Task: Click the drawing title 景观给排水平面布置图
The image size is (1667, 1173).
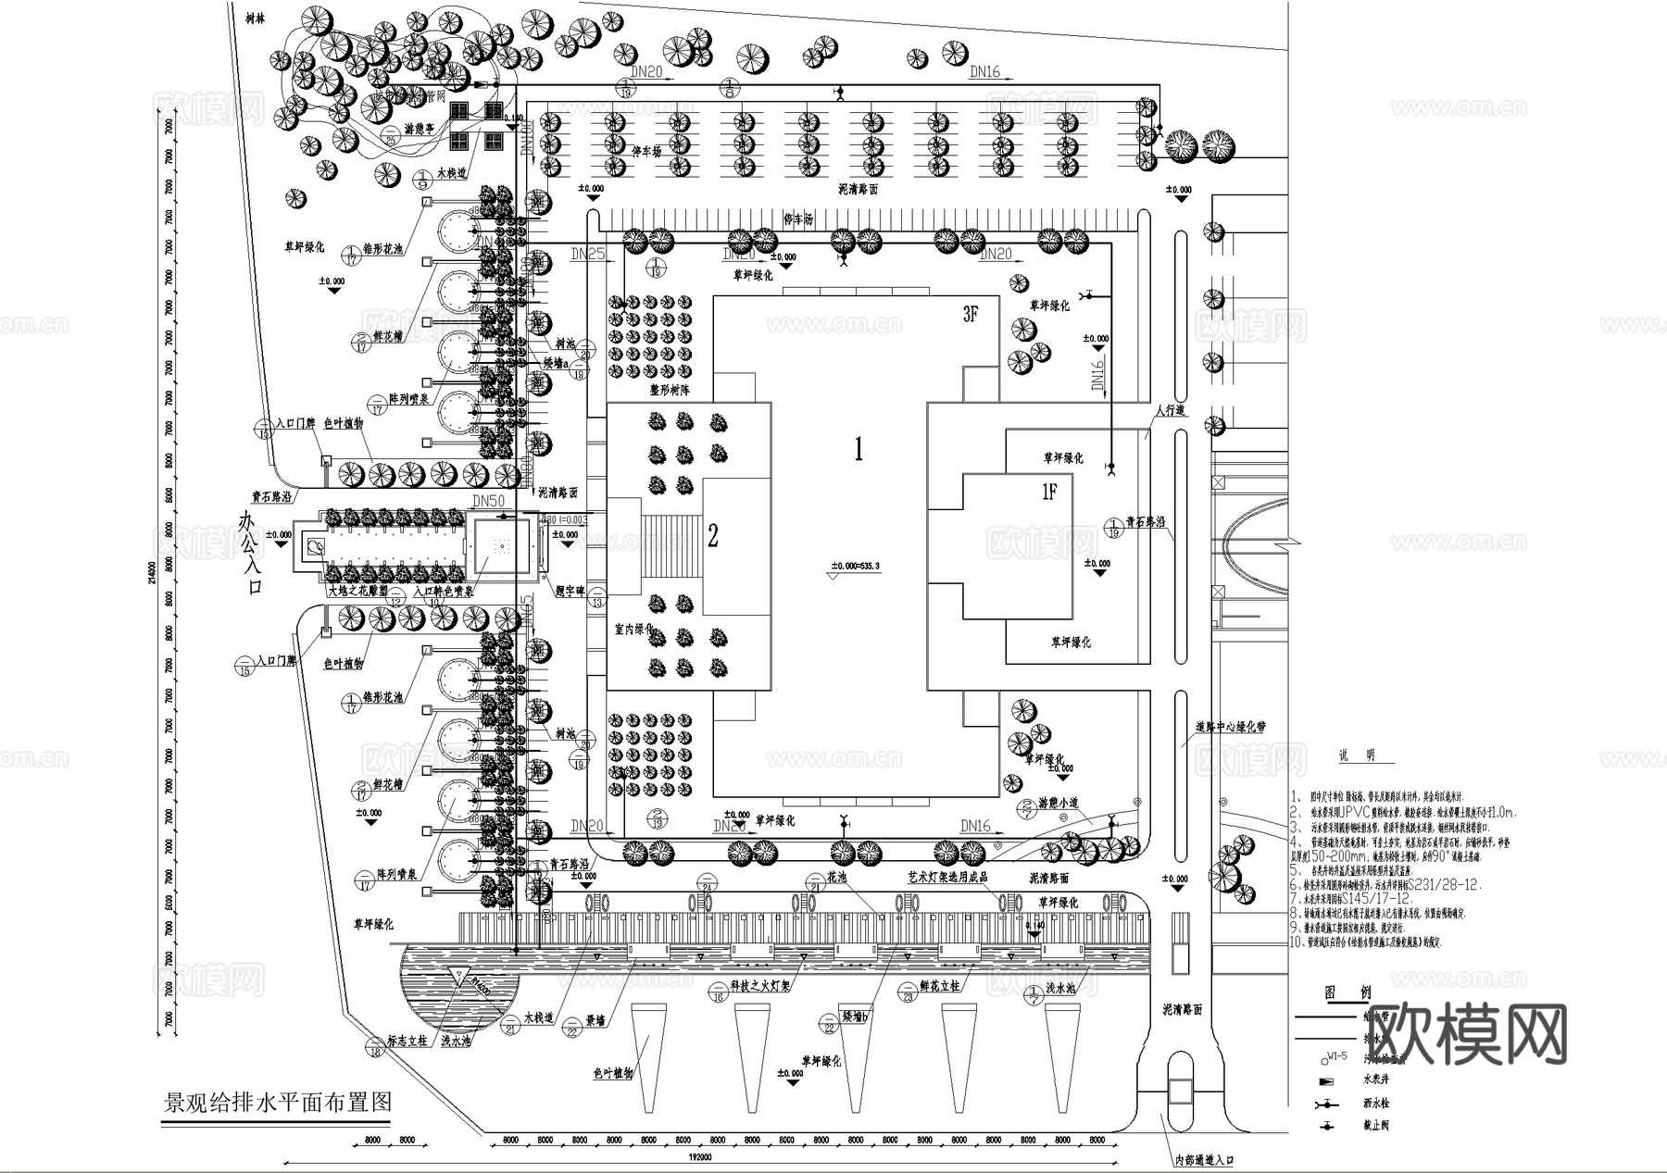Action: [278, 1102]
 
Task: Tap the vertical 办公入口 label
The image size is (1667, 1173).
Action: [250, 553]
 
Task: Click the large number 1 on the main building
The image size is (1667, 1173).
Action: [859, 451]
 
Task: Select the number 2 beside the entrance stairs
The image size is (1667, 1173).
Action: [713, 535]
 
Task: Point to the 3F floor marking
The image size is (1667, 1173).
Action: [970, 315]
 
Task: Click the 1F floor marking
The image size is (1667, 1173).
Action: [1048, 493]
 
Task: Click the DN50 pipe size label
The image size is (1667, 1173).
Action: [488, 501]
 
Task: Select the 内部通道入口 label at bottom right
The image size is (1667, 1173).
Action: [1204, 1159]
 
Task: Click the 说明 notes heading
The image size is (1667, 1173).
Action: [1356, 755]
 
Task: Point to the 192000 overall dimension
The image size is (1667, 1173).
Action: [700, 1157]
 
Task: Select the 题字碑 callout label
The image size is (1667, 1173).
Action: [570, 590]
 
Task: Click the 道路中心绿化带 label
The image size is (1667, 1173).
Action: [1230, 728]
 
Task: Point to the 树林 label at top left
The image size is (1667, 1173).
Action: [246, 17]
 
